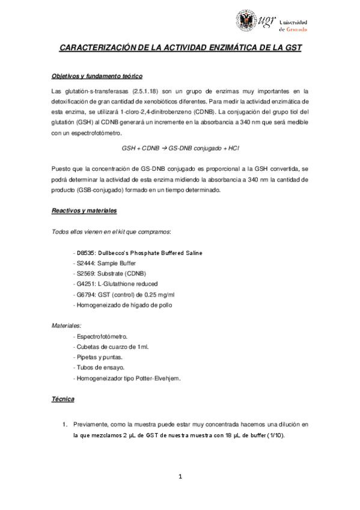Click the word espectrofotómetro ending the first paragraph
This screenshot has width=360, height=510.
[x=91, y=132]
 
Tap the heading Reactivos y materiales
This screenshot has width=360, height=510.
[x=84, y=211]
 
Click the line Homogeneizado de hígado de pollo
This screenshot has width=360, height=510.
[x=122, y=305]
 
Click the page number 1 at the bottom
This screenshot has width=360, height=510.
[x=180, y=478]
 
